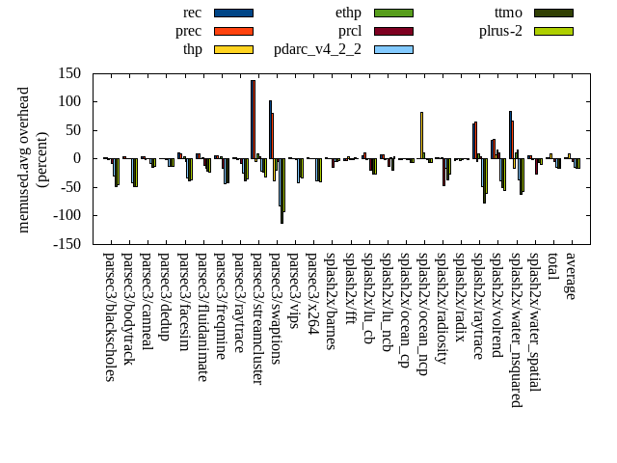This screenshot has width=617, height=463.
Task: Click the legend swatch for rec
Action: point(233,13)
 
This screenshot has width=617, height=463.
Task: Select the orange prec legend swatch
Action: point(233,31)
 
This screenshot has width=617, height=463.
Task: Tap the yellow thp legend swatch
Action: point(233,49)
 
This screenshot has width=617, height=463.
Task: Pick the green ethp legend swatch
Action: point(393,13)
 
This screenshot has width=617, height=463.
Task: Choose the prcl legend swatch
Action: point(393,31)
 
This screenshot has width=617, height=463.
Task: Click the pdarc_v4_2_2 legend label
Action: point(317,49)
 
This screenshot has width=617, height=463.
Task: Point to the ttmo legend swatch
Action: point(553,13)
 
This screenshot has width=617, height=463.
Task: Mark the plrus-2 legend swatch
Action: point(553,31)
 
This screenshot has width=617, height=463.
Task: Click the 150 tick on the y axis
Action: point(67,73)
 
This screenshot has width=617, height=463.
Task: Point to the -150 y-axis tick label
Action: point(65,244)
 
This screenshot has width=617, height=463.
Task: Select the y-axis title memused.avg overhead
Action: point(25,158)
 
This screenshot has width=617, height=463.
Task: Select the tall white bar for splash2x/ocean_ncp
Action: point(421,135)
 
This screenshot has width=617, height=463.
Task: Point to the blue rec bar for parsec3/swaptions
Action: point(270,129)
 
